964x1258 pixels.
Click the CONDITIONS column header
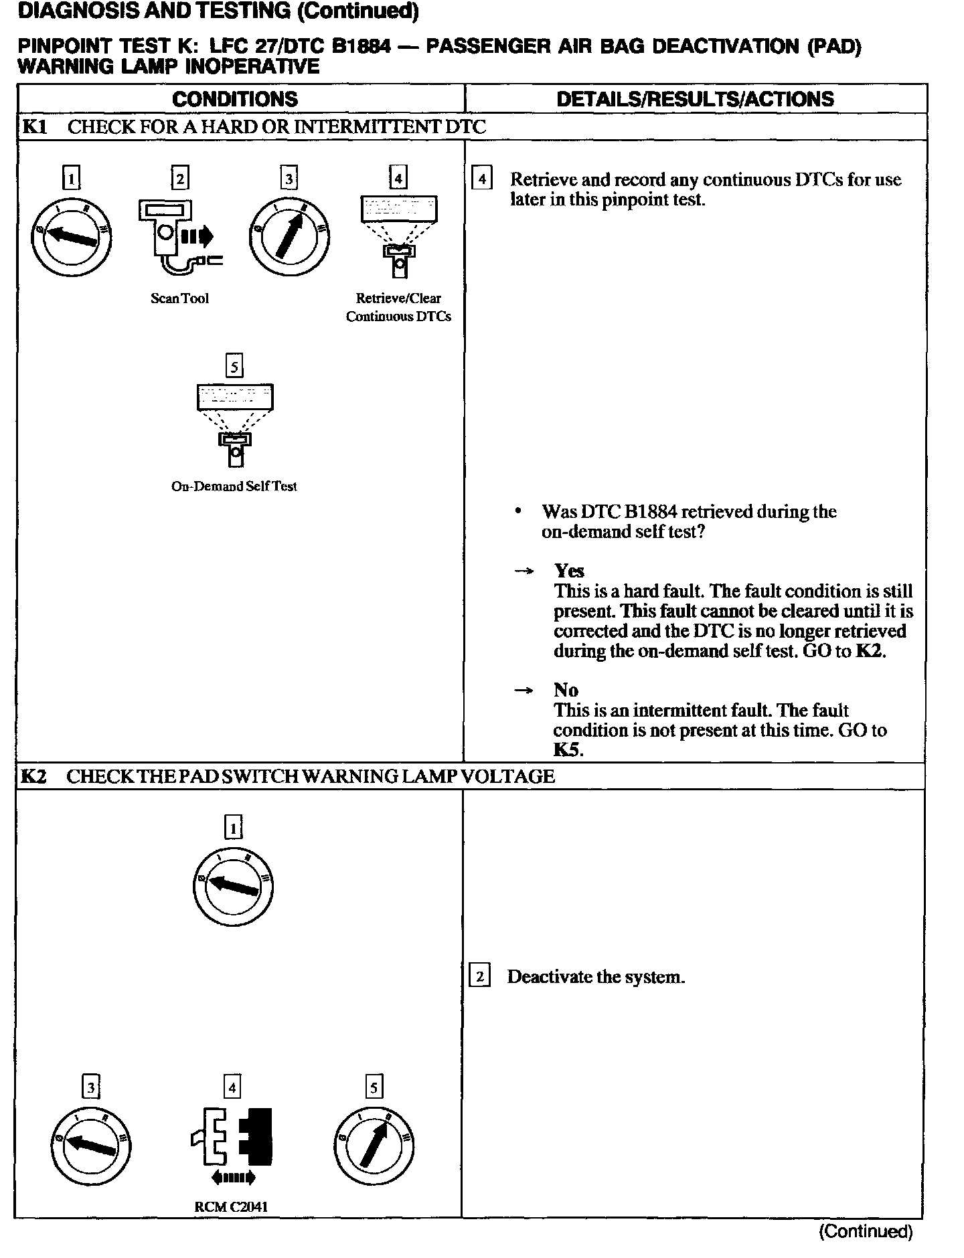(x=235, y=99)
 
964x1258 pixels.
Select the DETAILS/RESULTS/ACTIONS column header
(x=695, y=99)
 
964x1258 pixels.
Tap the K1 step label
(x=34, y=127)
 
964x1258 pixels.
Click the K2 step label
(x=33, y=776)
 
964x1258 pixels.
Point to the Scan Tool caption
(x=179, y=298)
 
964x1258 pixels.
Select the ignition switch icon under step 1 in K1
(x=72, y=237)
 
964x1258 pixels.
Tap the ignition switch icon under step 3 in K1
(x=289, y=237)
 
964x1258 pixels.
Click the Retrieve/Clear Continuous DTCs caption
(x=398, y=307)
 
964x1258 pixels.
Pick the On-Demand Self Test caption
(x=234, y=486)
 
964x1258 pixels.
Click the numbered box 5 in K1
(x=234, y=366)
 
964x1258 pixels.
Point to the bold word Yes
(x=569, y=571)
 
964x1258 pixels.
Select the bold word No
(x=566, y=690)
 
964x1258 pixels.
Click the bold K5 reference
(x=567, y=749)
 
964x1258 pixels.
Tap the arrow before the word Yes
(x=524, y=571)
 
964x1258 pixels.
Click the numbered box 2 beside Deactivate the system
(x=480, y=976)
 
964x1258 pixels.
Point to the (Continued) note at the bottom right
(x=866, y=1231)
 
